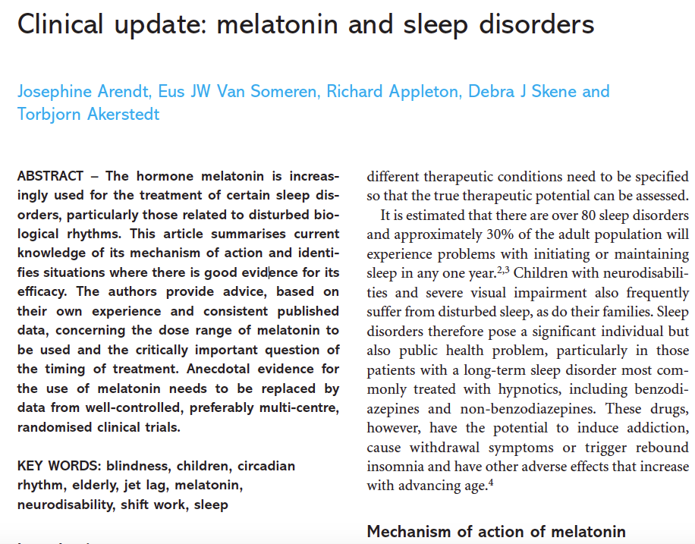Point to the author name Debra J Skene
point(516,92)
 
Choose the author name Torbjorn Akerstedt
point(89,115)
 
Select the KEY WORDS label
point(58,465)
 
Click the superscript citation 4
point(491,482)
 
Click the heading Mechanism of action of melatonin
point(496,532)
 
